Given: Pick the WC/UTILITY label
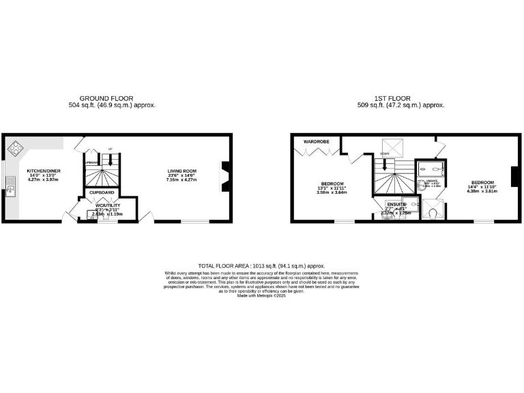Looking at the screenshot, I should click(x=108, y=205).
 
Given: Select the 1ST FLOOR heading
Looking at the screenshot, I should click(x=401, y=98).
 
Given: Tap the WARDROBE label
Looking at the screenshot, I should click(x=317, y=142).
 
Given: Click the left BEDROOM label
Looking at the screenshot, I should click(x=332, y=183).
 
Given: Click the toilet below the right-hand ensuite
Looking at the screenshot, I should click(x=435, y=214).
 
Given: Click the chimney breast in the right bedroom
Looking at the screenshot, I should click(x=516, y=177).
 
